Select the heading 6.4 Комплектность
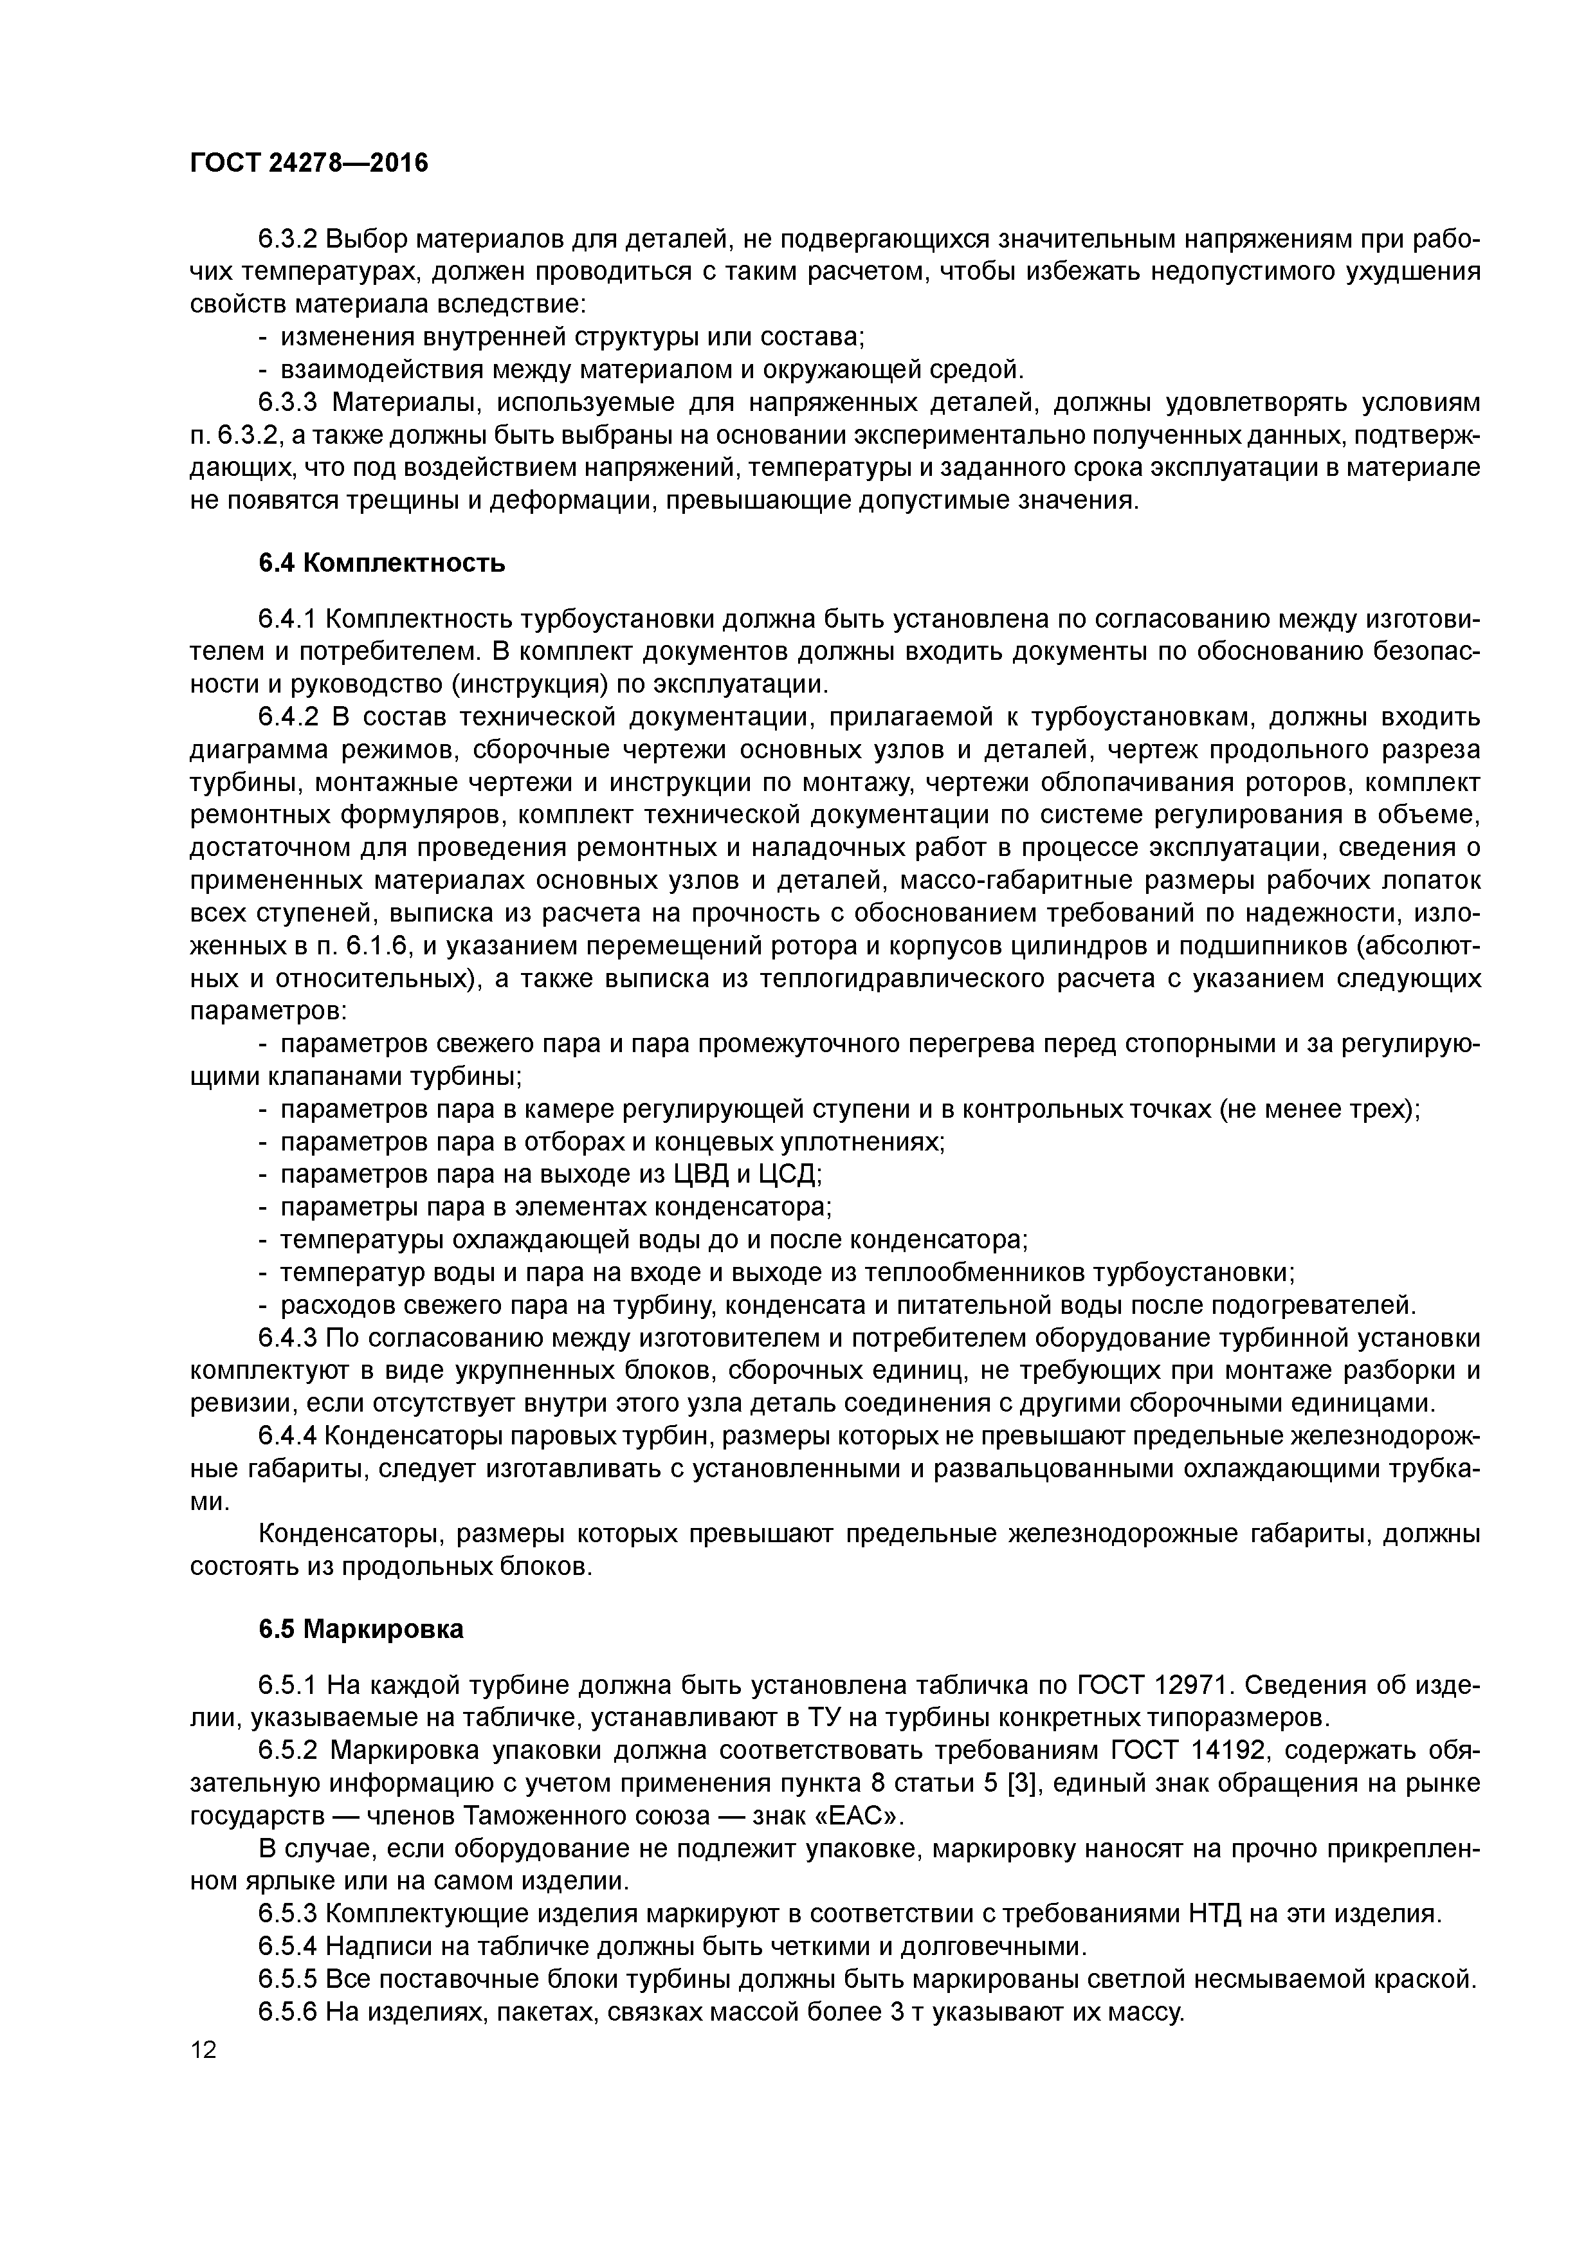pyautogui.click(x=382, y=563)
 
